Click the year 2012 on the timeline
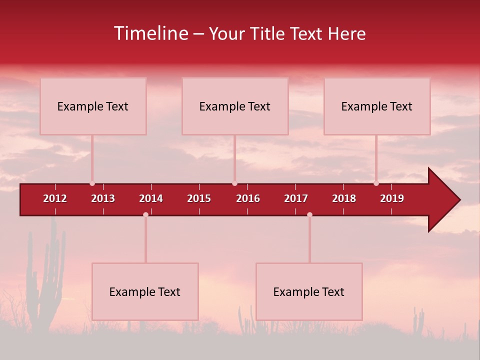(x=55, y=198)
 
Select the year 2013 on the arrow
(x=103, y=198)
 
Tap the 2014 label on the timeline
(x=151, y=198)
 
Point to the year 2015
(x=199, y=198)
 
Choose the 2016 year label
(x=248, y=198)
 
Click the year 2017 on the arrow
(x=296, y=198)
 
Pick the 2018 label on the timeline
(x=344, y=198)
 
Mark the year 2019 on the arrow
(x=392, y=198)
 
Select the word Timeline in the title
(x=150, y=33)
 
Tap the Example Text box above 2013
(x=93, y=106)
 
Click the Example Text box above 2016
(x=235, y=106)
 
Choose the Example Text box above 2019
(x=377, y=106)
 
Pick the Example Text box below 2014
(x=145, y=291)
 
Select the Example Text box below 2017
(x=309, y=291)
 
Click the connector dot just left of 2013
(x=92, y=183)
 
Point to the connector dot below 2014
(x=145, y=214)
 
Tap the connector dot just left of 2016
(x=234, y=183)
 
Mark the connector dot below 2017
(x=309, y=214)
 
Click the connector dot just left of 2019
(x=376, y=183)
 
